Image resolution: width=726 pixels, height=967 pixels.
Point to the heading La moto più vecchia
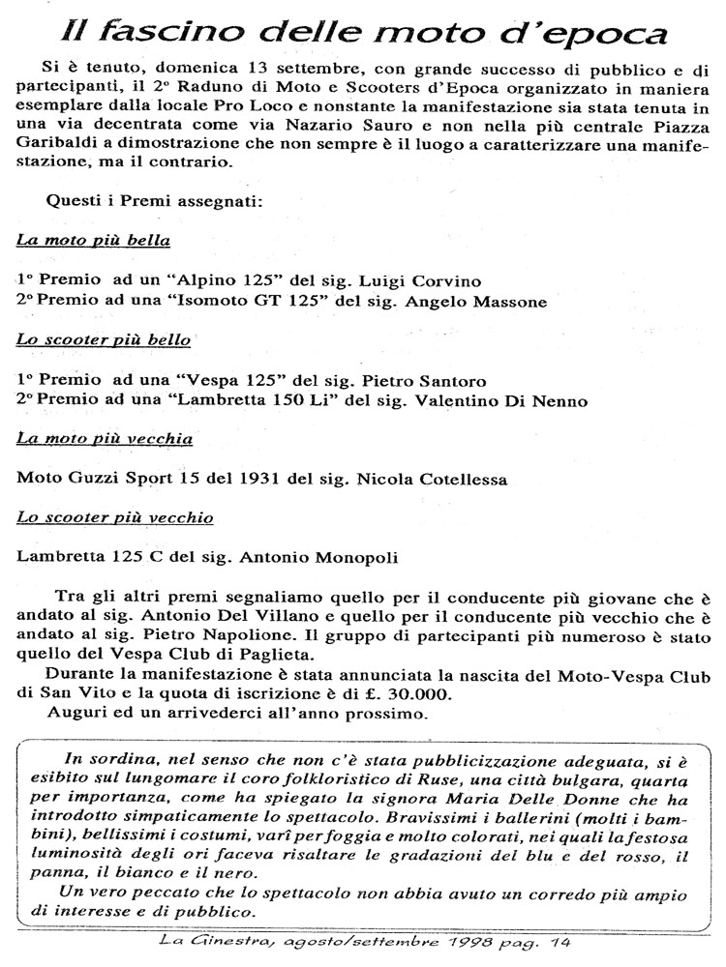pos(105,439)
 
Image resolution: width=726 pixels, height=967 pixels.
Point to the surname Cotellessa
pos(452,478)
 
